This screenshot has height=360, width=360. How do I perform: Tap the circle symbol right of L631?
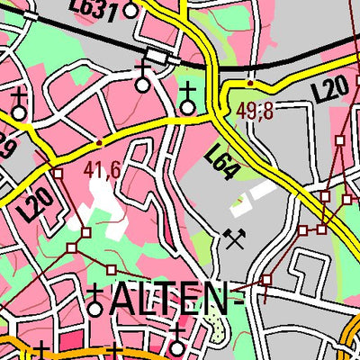click(x=130, y=11)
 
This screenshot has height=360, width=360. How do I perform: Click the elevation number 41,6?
click(x=103, y=169)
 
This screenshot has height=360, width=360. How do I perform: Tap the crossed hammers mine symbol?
click(x=236, y=238)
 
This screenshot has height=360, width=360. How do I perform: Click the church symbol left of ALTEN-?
click(x=95, y=303)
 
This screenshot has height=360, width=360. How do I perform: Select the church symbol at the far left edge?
click(x=18, y=106)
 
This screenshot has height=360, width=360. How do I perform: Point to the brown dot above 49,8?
click(x=249, y=84)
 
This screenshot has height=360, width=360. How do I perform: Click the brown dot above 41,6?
click(x=99, y=142)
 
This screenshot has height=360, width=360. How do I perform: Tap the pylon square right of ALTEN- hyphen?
click(x=266, y=281)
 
